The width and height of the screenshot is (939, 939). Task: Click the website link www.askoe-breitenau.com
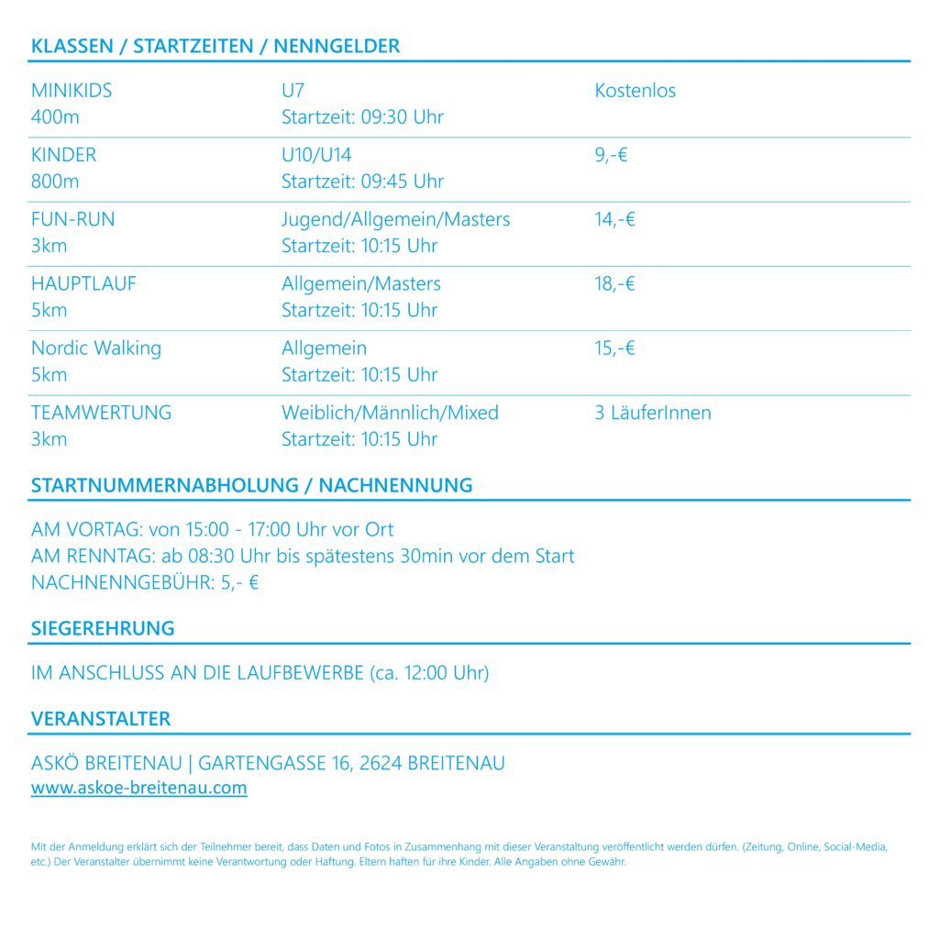tap(138, 788)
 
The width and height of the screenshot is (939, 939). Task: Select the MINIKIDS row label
tap(72, 91)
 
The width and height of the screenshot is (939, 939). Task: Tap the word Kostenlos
tap(635, 91)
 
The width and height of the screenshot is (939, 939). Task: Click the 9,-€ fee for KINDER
tap(611, 155)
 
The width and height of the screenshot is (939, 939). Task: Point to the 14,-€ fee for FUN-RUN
tap(614, 219)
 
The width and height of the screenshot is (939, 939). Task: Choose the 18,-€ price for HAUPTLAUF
tap(614, 283)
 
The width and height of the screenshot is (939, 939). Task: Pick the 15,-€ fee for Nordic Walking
tap(614, 348)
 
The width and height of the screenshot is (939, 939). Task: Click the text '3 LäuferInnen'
tap(652, 413)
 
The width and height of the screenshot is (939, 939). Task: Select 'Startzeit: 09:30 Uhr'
tap(362, 117)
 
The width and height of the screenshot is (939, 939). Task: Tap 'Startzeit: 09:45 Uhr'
tap(362, 182)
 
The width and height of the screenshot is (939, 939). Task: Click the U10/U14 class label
tap(316, 155)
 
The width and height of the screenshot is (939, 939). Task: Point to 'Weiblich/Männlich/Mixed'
tap(390, 413)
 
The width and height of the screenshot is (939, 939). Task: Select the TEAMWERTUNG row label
tap(101, 413)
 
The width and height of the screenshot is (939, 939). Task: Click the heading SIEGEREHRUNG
tap(103, 628)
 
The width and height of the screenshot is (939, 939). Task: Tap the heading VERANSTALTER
tap(101, 719)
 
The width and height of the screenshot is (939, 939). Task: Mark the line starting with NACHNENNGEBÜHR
tap(145, 582)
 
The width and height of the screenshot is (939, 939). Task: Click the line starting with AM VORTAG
tap(212, 530)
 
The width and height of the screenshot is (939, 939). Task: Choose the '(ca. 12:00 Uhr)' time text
tap(429, 673)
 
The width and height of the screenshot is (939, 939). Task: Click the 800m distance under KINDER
tap(55, 182)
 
